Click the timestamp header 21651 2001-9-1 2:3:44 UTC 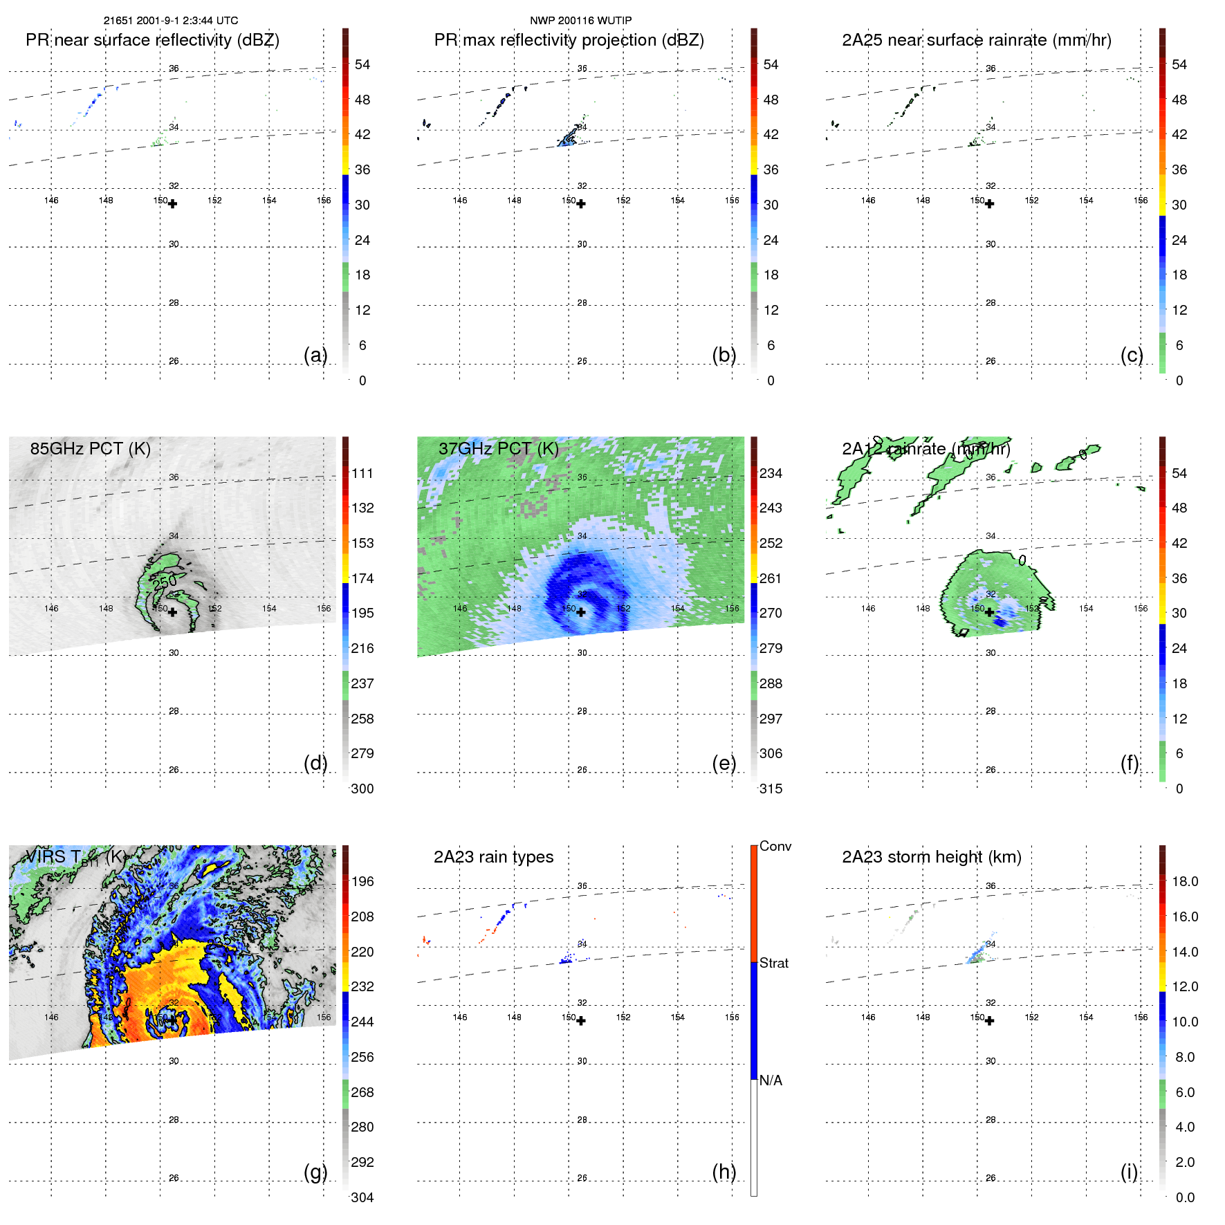click(171, 21)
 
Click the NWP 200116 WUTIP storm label click(580, 21)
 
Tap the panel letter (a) click(315, 355)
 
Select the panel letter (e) click(724, 763)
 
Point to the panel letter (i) click(1129, 1172)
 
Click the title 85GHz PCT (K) click(90, 448)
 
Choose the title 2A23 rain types click(493, 857)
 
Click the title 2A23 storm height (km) click(931, 857)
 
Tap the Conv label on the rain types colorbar click(775, 846)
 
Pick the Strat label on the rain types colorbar click(773, 963)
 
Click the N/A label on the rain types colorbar click(771, 1080)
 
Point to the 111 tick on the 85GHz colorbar click(362, 473)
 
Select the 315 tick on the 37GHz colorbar click(771, 789)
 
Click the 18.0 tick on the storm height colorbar click(1184, 881)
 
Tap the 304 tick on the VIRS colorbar click(362, 1197)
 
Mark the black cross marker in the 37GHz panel click(581, 612)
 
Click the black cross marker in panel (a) click(172, 204)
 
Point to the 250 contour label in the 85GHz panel click(165, 582)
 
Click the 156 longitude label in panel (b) click(732, 200)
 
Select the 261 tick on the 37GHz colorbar click(771, 578)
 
